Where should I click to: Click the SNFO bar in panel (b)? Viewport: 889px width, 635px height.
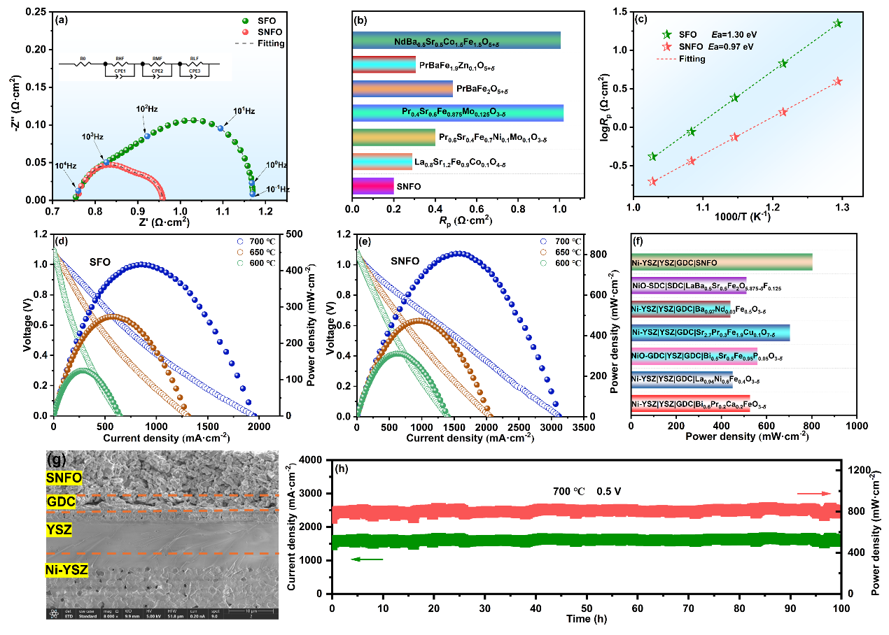[x=373, y=186]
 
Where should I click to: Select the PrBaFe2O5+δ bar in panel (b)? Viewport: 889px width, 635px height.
[x=402, y=89]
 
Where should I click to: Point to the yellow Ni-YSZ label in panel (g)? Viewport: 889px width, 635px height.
[x=66, y=571]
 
